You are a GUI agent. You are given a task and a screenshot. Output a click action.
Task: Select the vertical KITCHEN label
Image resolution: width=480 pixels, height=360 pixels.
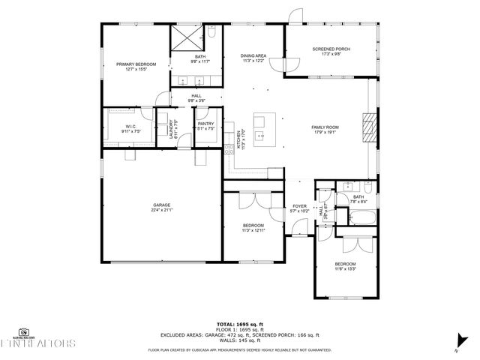239,139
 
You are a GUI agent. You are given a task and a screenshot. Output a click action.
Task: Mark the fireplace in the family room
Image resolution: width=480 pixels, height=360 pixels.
367,127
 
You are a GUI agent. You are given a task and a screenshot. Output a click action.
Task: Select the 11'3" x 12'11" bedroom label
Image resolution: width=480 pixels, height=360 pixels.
253,228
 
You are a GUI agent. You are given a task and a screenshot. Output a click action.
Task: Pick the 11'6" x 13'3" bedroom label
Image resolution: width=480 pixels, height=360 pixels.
345,267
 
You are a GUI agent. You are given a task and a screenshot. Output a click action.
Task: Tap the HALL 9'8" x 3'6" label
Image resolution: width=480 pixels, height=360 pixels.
196,97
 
